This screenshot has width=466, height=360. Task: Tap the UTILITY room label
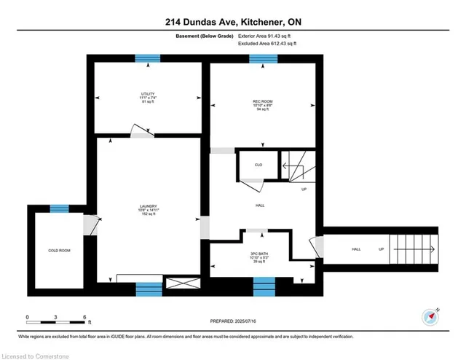click(x=149, y=94)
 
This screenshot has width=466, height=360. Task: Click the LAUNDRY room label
click(x=149, y=206)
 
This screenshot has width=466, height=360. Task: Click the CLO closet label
click(x=258, y=165)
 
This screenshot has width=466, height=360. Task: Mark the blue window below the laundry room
click(x=149, y=289)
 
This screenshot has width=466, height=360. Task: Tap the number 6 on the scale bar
click(x=86, y=318)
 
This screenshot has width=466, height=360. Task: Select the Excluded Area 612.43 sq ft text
click(x=268, y=44)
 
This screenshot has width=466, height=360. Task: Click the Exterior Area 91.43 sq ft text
click(x=268, y=35)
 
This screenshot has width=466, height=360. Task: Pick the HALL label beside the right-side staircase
click(x=356, y=250)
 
